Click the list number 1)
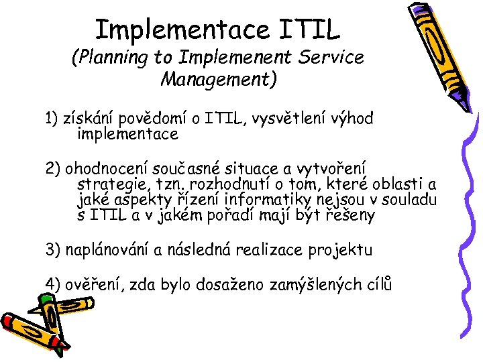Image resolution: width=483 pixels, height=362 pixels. pos(52,119)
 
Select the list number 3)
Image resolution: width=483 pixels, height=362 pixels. pos(54,251)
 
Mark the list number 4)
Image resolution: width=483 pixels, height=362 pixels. pos(54,284)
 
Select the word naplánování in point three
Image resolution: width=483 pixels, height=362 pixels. pos(107,251)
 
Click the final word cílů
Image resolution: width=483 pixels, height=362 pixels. pos(376,284)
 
